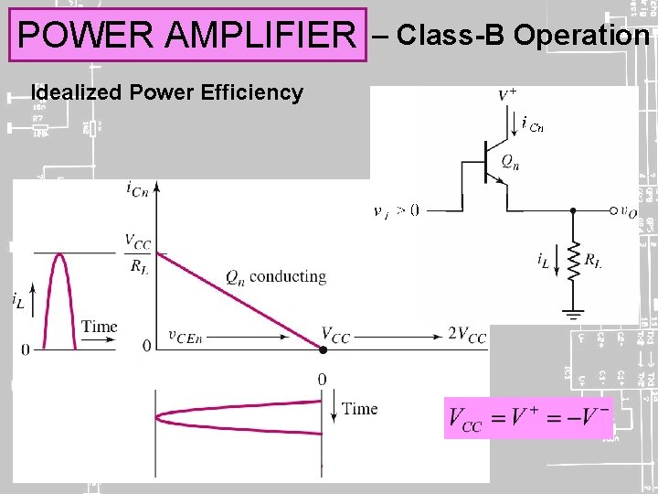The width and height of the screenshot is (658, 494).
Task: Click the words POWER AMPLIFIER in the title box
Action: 186,36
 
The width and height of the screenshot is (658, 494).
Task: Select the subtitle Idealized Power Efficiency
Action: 166,92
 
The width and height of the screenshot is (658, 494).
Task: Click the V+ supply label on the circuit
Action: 507,95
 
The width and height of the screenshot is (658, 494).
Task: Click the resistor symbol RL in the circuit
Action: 573,262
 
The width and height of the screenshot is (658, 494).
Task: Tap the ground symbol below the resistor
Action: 573,314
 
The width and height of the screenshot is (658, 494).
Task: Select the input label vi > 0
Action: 397,209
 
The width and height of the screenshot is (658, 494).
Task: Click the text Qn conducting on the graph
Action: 275,276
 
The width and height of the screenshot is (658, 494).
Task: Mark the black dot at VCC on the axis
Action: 322,349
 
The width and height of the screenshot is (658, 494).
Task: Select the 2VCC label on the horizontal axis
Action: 466,335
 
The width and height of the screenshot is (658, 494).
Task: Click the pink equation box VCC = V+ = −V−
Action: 527,419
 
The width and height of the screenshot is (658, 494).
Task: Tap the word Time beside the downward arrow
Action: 359,409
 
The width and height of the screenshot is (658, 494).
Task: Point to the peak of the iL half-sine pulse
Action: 59,254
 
